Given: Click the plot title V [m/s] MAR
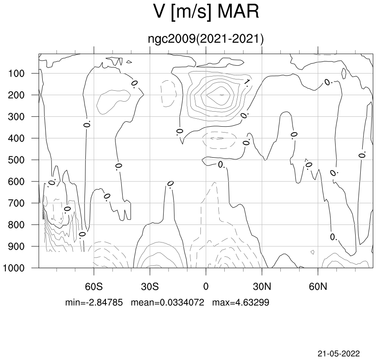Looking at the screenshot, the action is coord(206,12).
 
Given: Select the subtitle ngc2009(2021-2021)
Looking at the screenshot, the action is coord(206,39).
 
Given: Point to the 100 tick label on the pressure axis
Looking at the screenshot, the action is coord(16,74).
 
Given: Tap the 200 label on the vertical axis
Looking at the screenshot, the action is coord(16,95).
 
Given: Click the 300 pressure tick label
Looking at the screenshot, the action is coord(16,117).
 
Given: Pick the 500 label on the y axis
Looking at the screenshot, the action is coord(16,160).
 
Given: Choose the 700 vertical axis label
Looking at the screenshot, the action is coord(16,203).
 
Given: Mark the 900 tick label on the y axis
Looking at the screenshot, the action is coord(16,247).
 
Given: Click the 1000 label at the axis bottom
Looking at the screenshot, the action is coord(14,268).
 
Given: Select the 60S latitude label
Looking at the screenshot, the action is coord(94,286).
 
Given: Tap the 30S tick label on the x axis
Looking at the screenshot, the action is coord(150,286).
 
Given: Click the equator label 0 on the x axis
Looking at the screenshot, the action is coord(206,286).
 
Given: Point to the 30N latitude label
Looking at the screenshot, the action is coord(262,286).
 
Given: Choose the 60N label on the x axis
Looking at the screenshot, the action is coord(318,286).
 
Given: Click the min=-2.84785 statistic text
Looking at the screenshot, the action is coord(94,302).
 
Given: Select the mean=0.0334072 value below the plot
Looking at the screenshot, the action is coord(168,302).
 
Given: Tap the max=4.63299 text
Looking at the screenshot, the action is coord(241,302).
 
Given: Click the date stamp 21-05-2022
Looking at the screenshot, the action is coord(339,354).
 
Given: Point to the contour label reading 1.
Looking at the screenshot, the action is coord(246,82).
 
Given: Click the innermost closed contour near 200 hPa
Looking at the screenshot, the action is coord(221,95).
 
